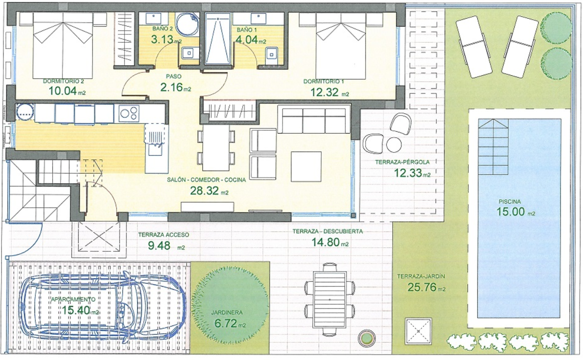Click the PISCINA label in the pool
[x=510, y=202]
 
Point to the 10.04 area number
[x=62, y=90]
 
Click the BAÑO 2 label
[x=162, y=29]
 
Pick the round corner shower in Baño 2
[x=187, y=24]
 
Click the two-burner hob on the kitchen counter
[x=129, y=113]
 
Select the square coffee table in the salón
[x=306, y=166]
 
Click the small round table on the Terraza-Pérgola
[x=394, y=145]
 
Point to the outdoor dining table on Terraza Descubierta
[x=330, y=300]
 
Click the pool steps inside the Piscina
[x=493, y=147]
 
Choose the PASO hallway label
[x=174, y=77]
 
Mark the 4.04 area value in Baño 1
[x=246, y=39]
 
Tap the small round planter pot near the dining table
[x=366, y=338]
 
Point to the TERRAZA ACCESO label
[x=164, y=235]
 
